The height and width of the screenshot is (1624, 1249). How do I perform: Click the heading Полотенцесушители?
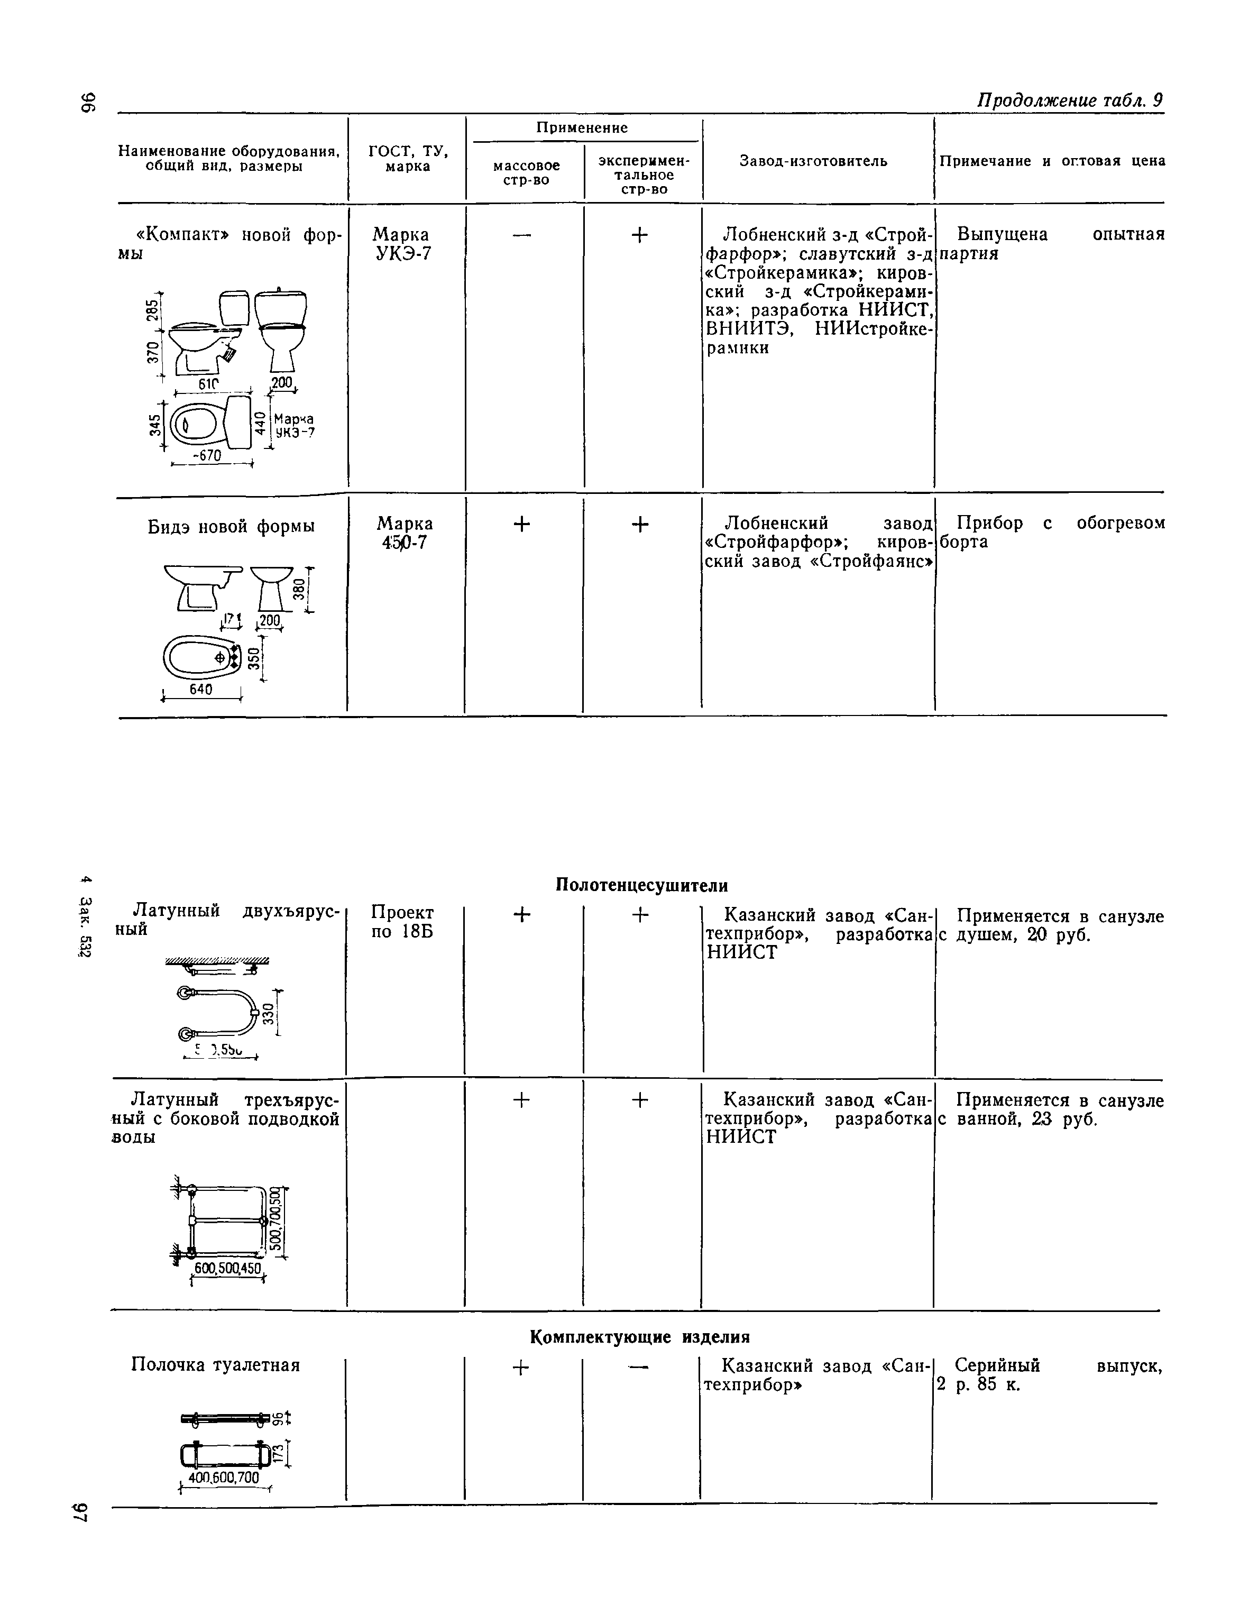point(641,885)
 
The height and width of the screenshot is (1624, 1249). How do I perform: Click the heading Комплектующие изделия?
point(639,1337)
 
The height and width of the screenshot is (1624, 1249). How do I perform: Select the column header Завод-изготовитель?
point(813,161)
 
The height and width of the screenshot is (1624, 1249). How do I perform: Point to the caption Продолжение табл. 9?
point(1069,100)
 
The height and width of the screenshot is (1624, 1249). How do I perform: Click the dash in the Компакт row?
point(522,235)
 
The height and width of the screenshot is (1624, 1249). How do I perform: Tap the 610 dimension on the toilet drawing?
point(209,384)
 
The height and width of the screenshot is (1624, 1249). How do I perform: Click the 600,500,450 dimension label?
point(227,1269)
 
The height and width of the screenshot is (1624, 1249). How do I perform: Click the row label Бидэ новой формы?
point(231,527)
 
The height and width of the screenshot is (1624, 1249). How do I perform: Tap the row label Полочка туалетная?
point(216,1365)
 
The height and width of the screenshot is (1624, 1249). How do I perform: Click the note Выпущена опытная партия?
point(1051,244)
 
